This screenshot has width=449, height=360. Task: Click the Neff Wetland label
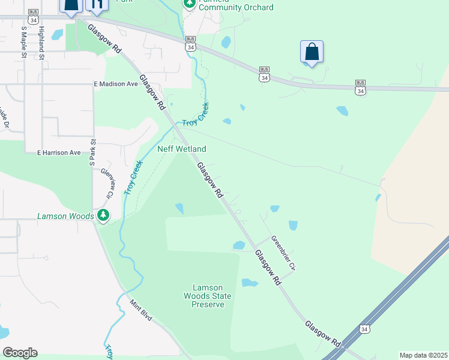tap(181, 149)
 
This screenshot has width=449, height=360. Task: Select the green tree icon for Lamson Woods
tap(103, 215)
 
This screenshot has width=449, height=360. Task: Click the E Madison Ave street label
tap(116, 84)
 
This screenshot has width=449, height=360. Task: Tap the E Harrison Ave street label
tap(58, 153)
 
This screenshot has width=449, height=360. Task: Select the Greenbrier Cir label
tap(284, 252)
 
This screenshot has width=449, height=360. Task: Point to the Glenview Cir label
tap(107, 182)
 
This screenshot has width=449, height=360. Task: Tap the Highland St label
tap(41, 42)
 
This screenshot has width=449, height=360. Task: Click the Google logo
tap(20, 353)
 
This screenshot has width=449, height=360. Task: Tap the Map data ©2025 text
tap(423, 355)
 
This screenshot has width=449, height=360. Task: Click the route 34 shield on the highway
tap(364, 329)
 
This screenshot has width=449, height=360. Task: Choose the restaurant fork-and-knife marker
tap(96, 5)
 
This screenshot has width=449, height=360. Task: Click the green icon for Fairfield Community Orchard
tap(189, 4)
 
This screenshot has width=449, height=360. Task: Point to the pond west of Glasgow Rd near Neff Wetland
tap(179, 208)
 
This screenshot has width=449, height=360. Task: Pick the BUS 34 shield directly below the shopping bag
tap(264, 74)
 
